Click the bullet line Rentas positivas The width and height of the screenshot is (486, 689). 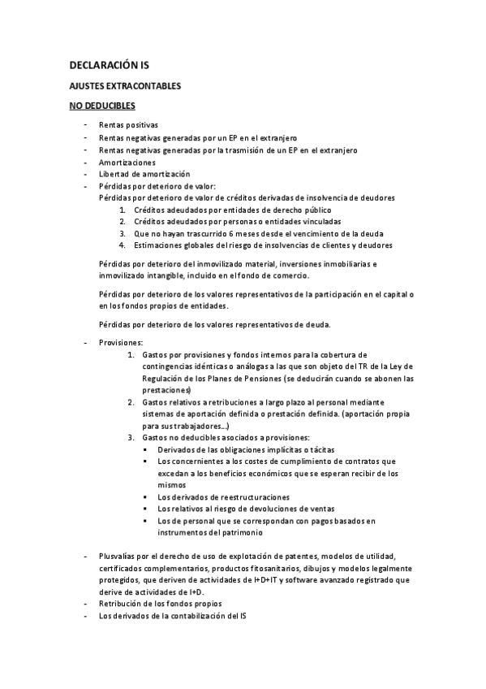pos(128,125)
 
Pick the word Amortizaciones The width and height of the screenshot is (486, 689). pos(127,162)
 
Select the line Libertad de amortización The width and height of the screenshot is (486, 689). pos(144,174)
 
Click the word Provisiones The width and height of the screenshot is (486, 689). pos(120,343)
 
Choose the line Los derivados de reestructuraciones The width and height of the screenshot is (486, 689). pos(223,496)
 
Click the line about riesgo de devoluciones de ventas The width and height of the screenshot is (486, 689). pos(235,508)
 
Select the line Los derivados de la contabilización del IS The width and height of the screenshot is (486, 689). pos(172,617)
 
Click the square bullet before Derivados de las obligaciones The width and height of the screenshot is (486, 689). pos(144,449)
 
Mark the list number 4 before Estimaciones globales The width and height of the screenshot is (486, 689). pos(122,245)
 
